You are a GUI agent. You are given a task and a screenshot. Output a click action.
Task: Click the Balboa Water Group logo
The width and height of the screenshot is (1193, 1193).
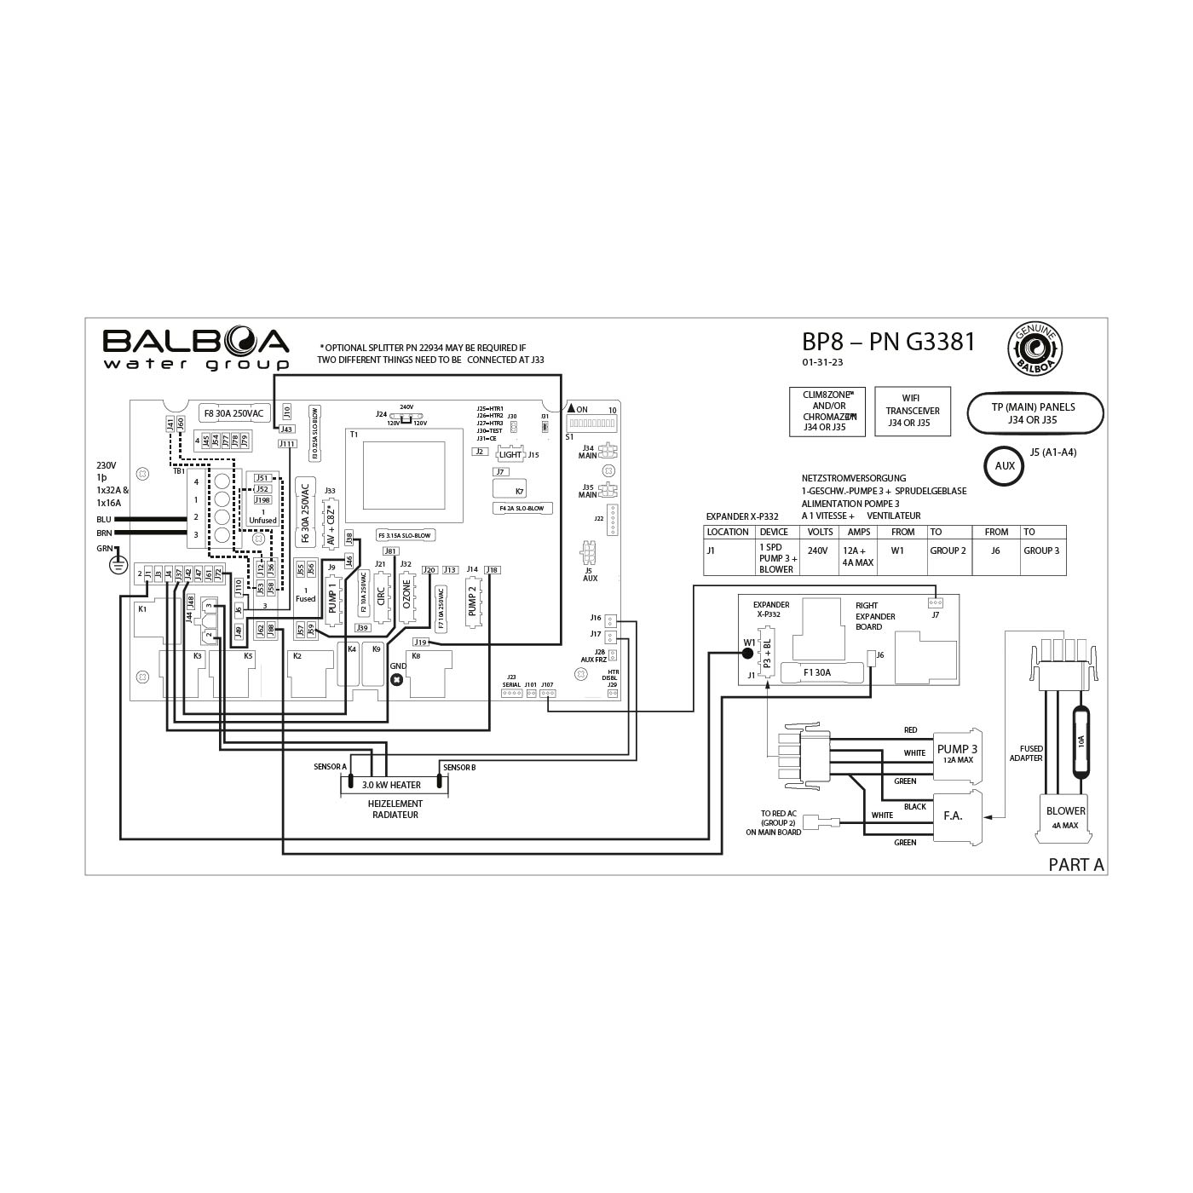pyautogui.click(x=196, y=349)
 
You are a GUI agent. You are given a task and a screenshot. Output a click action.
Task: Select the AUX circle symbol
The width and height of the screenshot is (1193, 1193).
pyautogui.click(x=1005, y=466)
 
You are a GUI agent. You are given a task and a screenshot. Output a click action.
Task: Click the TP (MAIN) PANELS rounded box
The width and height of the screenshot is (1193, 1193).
pyautogui.click(x=1035, y=413)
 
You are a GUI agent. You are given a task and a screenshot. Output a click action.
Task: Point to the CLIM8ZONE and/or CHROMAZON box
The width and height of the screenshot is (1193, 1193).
pyautogui.click(x=827, y=411)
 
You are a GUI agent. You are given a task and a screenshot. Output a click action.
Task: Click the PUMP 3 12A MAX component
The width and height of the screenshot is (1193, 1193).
pyautogui.click(x=957, y=753)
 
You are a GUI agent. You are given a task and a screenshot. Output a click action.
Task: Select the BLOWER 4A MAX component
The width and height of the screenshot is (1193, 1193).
pyautogui.click(x=1065, y=817)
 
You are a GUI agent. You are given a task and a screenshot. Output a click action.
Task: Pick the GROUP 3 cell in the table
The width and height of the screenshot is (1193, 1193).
pyautogui.click(x=1040, y=551)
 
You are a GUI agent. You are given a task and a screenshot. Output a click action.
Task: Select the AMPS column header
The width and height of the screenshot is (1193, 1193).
pyautogui.click(x=859, y=532)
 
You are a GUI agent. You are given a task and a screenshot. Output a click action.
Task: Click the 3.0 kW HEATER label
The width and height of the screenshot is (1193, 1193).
pyautogui.click(x=391, y=785)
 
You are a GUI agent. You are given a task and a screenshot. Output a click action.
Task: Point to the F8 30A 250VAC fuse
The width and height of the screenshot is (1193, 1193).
pyautogui.click(x=233, y=413)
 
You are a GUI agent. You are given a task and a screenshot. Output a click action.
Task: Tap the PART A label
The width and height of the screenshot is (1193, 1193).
pyautogui.click(x=1075, y=865)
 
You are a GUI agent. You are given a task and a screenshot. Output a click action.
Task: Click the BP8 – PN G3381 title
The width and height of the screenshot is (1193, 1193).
pyautogui.click(x=888, y=342)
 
